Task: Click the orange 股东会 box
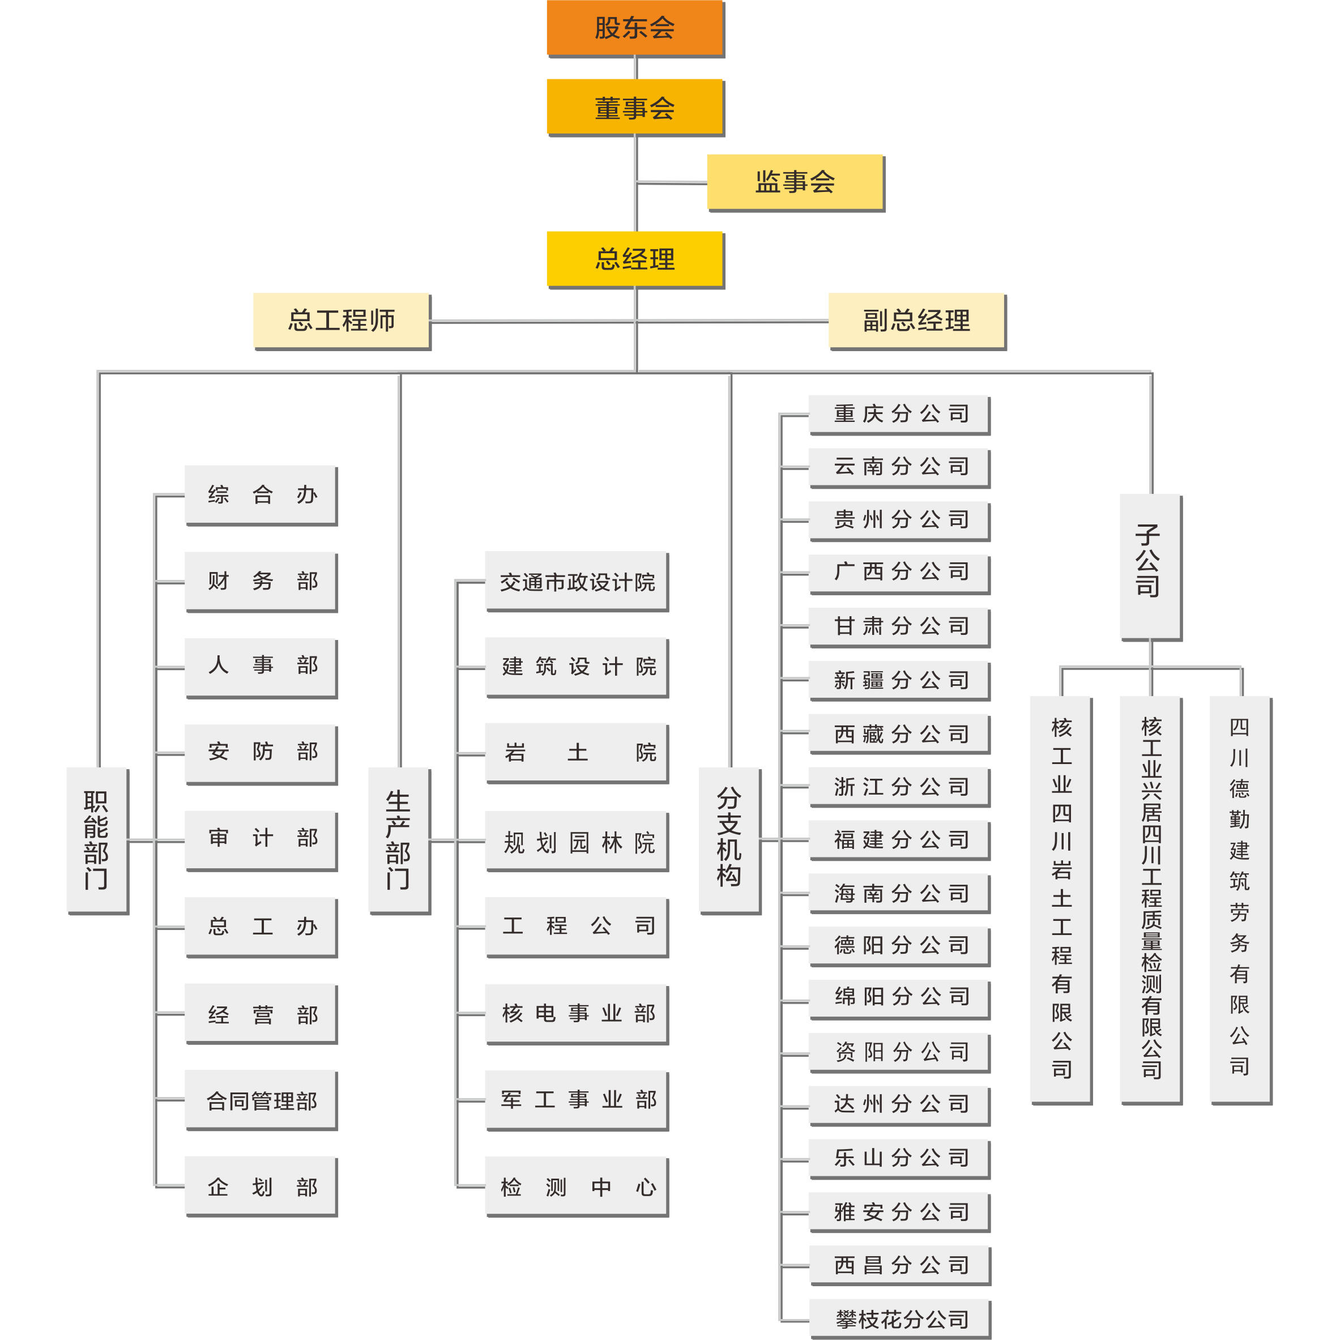point(635,28)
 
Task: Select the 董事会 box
point(635,108)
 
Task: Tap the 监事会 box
point(796,183)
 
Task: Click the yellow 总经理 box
point(635,259)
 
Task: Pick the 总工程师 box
point(342,321)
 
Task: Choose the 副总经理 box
point(917,321)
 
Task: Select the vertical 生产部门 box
point(399,840)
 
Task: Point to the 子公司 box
point(1151,567)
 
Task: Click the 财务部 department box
point(261,582)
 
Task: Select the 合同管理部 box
point(261,1101)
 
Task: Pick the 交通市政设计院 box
point(577,582)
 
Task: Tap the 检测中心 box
point(577,1187)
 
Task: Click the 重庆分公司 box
point(899,415)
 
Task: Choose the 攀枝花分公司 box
point(899,1319)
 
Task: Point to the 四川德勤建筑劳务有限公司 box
point(1241,901)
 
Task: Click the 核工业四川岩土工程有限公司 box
point(1061,901)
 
